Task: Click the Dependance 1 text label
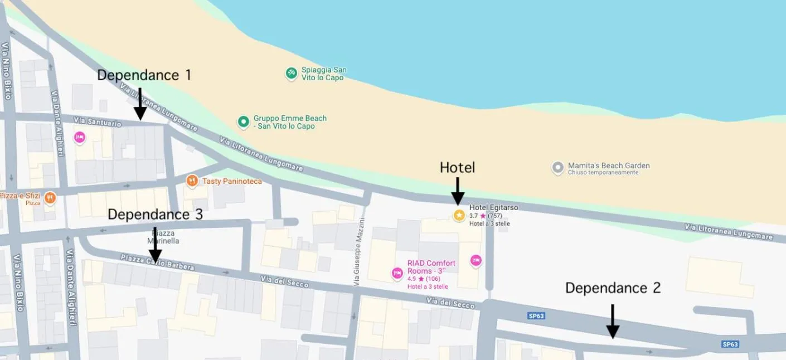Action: pos(144,75)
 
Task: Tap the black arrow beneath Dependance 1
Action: pos(140,104)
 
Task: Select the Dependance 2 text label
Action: pos(613,288)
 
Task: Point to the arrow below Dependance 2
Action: pos(613,322)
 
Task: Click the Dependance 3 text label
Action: pos(155,215)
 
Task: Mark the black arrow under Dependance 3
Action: pos(155,245)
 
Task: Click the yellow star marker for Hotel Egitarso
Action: pos(459,215)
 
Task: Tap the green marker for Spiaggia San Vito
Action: pos(291,74)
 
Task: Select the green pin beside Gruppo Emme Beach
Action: pos(243,121)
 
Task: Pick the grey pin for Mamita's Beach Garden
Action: pos(557,168)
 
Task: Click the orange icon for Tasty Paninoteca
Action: pos(192,181)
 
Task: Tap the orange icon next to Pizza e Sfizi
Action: pos(50,198)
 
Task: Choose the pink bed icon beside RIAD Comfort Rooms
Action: pos(397,273)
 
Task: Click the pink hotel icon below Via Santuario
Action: pos(80,137)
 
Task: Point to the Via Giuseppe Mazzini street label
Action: pos(360,252)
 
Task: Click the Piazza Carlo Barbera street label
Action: pos(158,262)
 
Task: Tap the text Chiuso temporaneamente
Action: pos(595,173)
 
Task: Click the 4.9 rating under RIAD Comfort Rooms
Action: pos(411,279)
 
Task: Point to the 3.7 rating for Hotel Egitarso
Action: pos(473,216)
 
